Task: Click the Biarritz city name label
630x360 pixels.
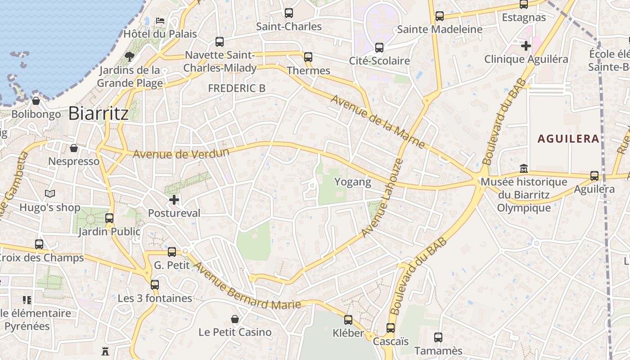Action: click(x=99, y=113)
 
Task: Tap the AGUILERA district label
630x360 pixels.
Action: click(x=569, y=139)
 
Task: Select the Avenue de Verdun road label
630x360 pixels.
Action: click(x=181, y=153)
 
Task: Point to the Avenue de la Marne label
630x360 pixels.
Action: click(x=378, y=122)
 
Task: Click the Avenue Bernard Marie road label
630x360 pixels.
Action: click(x=247, y=285)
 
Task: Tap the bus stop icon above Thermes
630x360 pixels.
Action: click(x=308, y=57)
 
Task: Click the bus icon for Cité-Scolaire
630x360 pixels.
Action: click(x=379, y=47)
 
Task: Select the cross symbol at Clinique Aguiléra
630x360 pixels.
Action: click(x=526, y=45)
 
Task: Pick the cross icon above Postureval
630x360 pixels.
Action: click(x=174, y=199)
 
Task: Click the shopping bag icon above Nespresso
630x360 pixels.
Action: click(x=74, y=148)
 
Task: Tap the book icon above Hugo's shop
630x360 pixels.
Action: click(x=49, y=194)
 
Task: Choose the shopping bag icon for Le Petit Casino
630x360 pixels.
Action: click(x=235, y=319)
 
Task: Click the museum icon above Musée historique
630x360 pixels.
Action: click(x=523, y=169)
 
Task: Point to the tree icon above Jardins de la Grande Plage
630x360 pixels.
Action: click(x=130, y=56)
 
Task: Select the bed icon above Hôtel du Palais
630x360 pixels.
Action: click(x=160, y=21)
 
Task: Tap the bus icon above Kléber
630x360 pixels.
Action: click(x=348, y=320)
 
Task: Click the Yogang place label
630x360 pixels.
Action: click(x=353, y=182)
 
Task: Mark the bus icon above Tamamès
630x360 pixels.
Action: click(x=438, y=337)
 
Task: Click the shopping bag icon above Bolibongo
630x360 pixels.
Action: click(x=36, y=101)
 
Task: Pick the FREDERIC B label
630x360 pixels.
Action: click(x=237, y=89)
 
